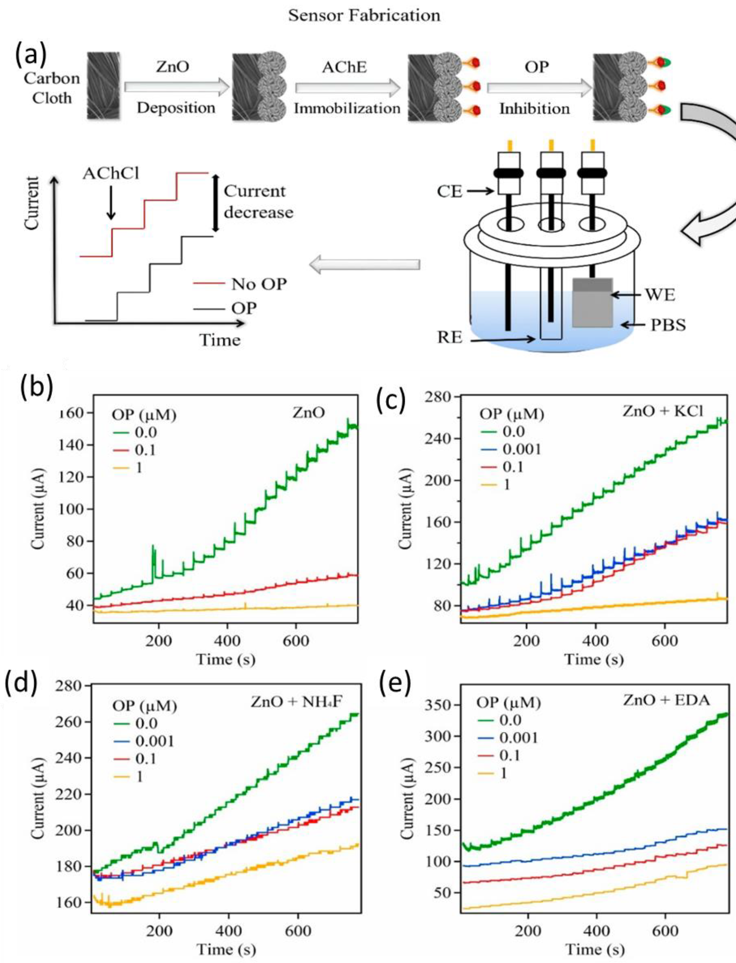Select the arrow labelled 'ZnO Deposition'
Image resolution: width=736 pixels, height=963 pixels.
pyautogui.click(x=176, y=87)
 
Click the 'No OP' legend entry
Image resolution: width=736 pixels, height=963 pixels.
pyautogui.click(x=258, y=284)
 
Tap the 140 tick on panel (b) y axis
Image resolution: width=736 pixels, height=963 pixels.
pyautogui.click(x=73, y=445)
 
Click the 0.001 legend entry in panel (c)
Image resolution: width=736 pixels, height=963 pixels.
pyautogui.click(x=521, y=449)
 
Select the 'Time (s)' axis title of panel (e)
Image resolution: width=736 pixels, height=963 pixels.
pyautogui.click(x=595, y=949)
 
